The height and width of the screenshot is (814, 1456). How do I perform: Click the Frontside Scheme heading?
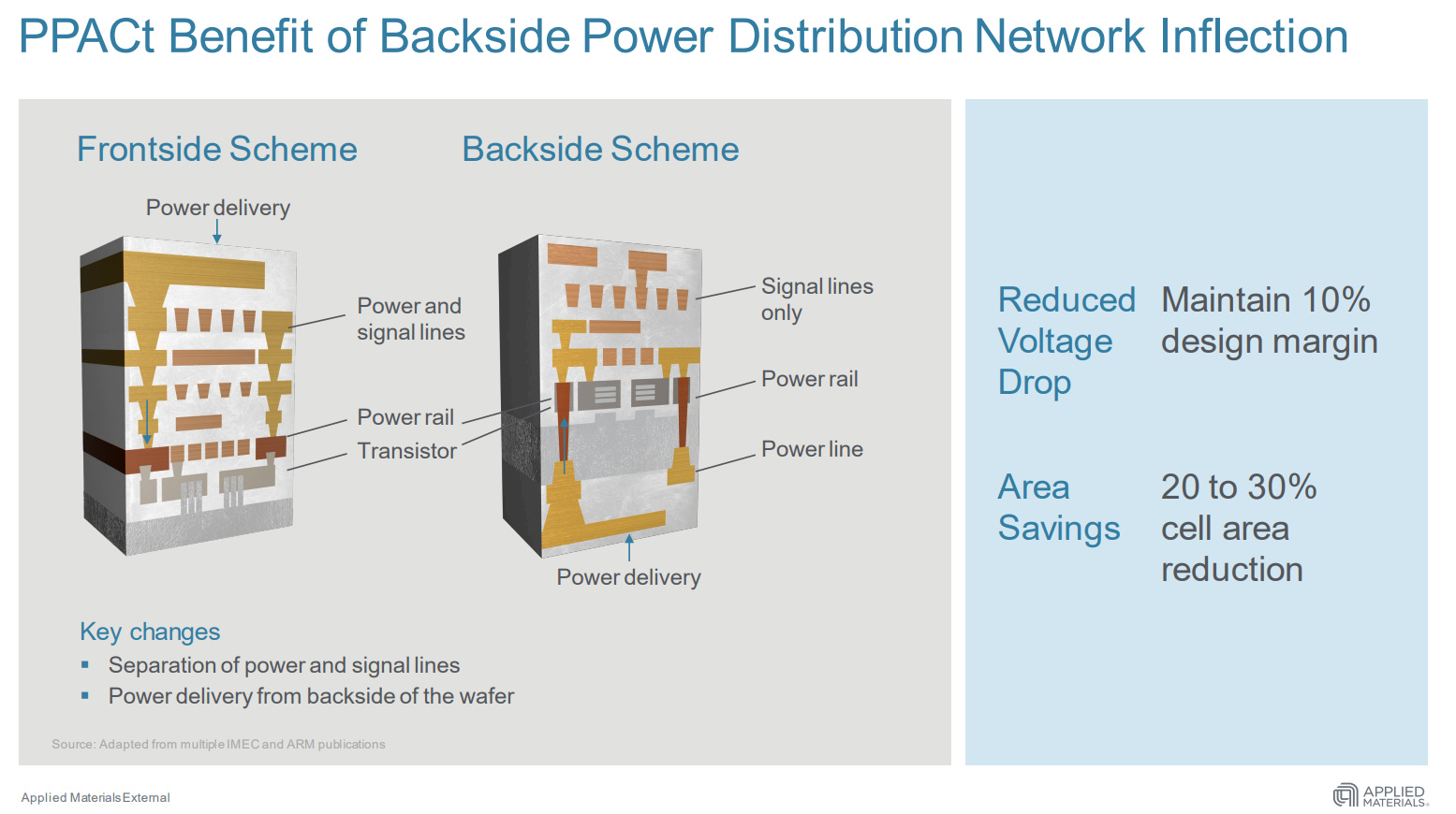pyautogui.click(x=216, y=150)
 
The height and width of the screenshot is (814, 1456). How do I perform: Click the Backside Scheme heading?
pyautogui.click(x=600, y=150)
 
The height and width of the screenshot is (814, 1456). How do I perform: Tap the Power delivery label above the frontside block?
pyautogui.click(x=217, y=208)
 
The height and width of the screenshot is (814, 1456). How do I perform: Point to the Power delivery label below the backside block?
pyautogui.click(x=628, y=577)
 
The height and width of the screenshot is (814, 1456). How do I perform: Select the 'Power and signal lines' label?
pyautogui.click(x=410, y=319)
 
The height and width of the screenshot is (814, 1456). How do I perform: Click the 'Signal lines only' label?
pyautogui.click(x=816, y=299)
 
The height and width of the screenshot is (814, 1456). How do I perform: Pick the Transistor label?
pyautogui.click(x=406, y=451)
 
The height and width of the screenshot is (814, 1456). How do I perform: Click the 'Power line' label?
pyautogui.click(x=812, y=449)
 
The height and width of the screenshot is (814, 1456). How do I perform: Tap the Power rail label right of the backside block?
pyautogui.click(x=809, y=379)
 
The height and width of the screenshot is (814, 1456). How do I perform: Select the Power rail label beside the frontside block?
pyautogui.click(x=405, y=417)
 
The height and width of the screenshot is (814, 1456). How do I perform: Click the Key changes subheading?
pyautogui.click(x=150, y=632)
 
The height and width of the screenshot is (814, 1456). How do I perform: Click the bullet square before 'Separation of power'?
pyautogui.click(x=85, y=665)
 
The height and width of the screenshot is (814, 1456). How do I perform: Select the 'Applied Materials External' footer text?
pyautogui.click(x=96, y=798)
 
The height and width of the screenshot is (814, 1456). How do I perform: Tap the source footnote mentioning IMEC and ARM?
pyautogui.click(x=218, y=745)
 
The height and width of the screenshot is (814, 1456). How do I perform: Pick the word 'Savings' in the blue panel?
pyautogui.click(x=1059, y=529)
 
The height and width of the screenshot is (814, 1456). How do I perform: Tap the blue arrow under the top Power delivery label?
pyautogui.click(x=217, y=232)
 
